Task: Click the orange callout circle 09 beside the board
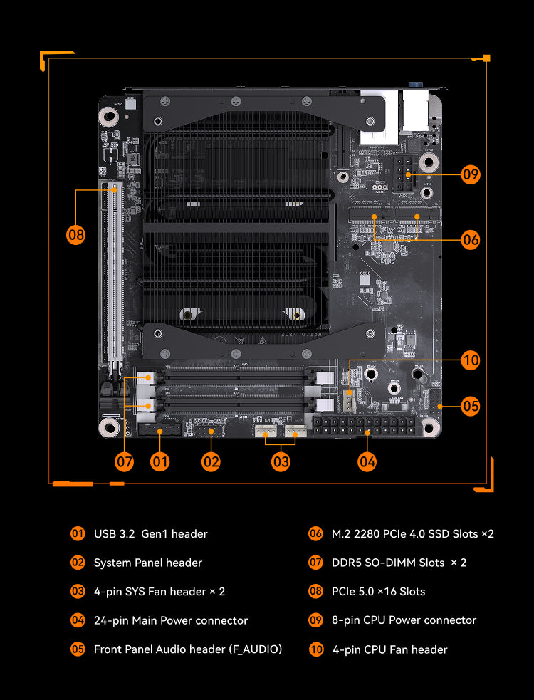(x=470, y=174)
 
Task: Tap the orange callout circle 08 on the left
(x=75, y=235)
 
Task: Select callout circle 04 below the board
(x=367, y=461)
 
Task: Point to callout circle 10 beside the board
(x=470, y=360)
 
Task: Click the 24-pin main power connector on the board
(x=364, y=427)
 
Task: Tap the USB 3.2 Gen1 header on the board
(x=159, y=430)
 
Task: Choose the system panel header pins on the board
(x=210, y=432)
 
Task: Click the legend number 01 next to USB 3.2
(x=78, y=533)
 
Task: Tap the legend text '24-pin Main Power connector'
(x=171, y=620)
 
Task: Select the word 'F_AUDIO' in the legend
(x=256, y=649)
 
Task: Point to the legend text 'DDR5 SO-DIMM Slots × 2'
(x=399, y=563)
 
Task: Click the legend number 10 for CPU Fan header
(x=315, y=649)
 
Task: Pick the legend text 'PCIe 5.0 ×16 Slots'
(x=378, y=592)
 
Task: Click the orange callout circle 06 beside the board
(x=470, y=240)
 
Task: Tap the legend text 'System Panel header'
(x=148, y=563)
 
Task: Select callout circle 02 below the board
(x=210, y=461)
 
